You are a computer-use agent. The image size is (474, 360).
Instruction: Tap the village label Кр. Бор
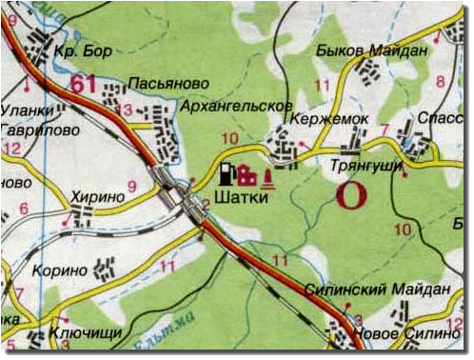78,48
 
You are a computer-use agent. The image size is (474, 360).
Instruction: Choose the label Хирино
98,195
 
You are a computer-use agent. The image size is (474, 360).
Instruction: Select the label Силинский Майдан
376,289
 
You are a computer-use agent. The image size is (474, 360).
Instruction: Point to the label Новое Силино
406,334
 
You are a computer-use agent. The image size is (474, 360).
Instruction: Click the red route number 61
84,85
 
